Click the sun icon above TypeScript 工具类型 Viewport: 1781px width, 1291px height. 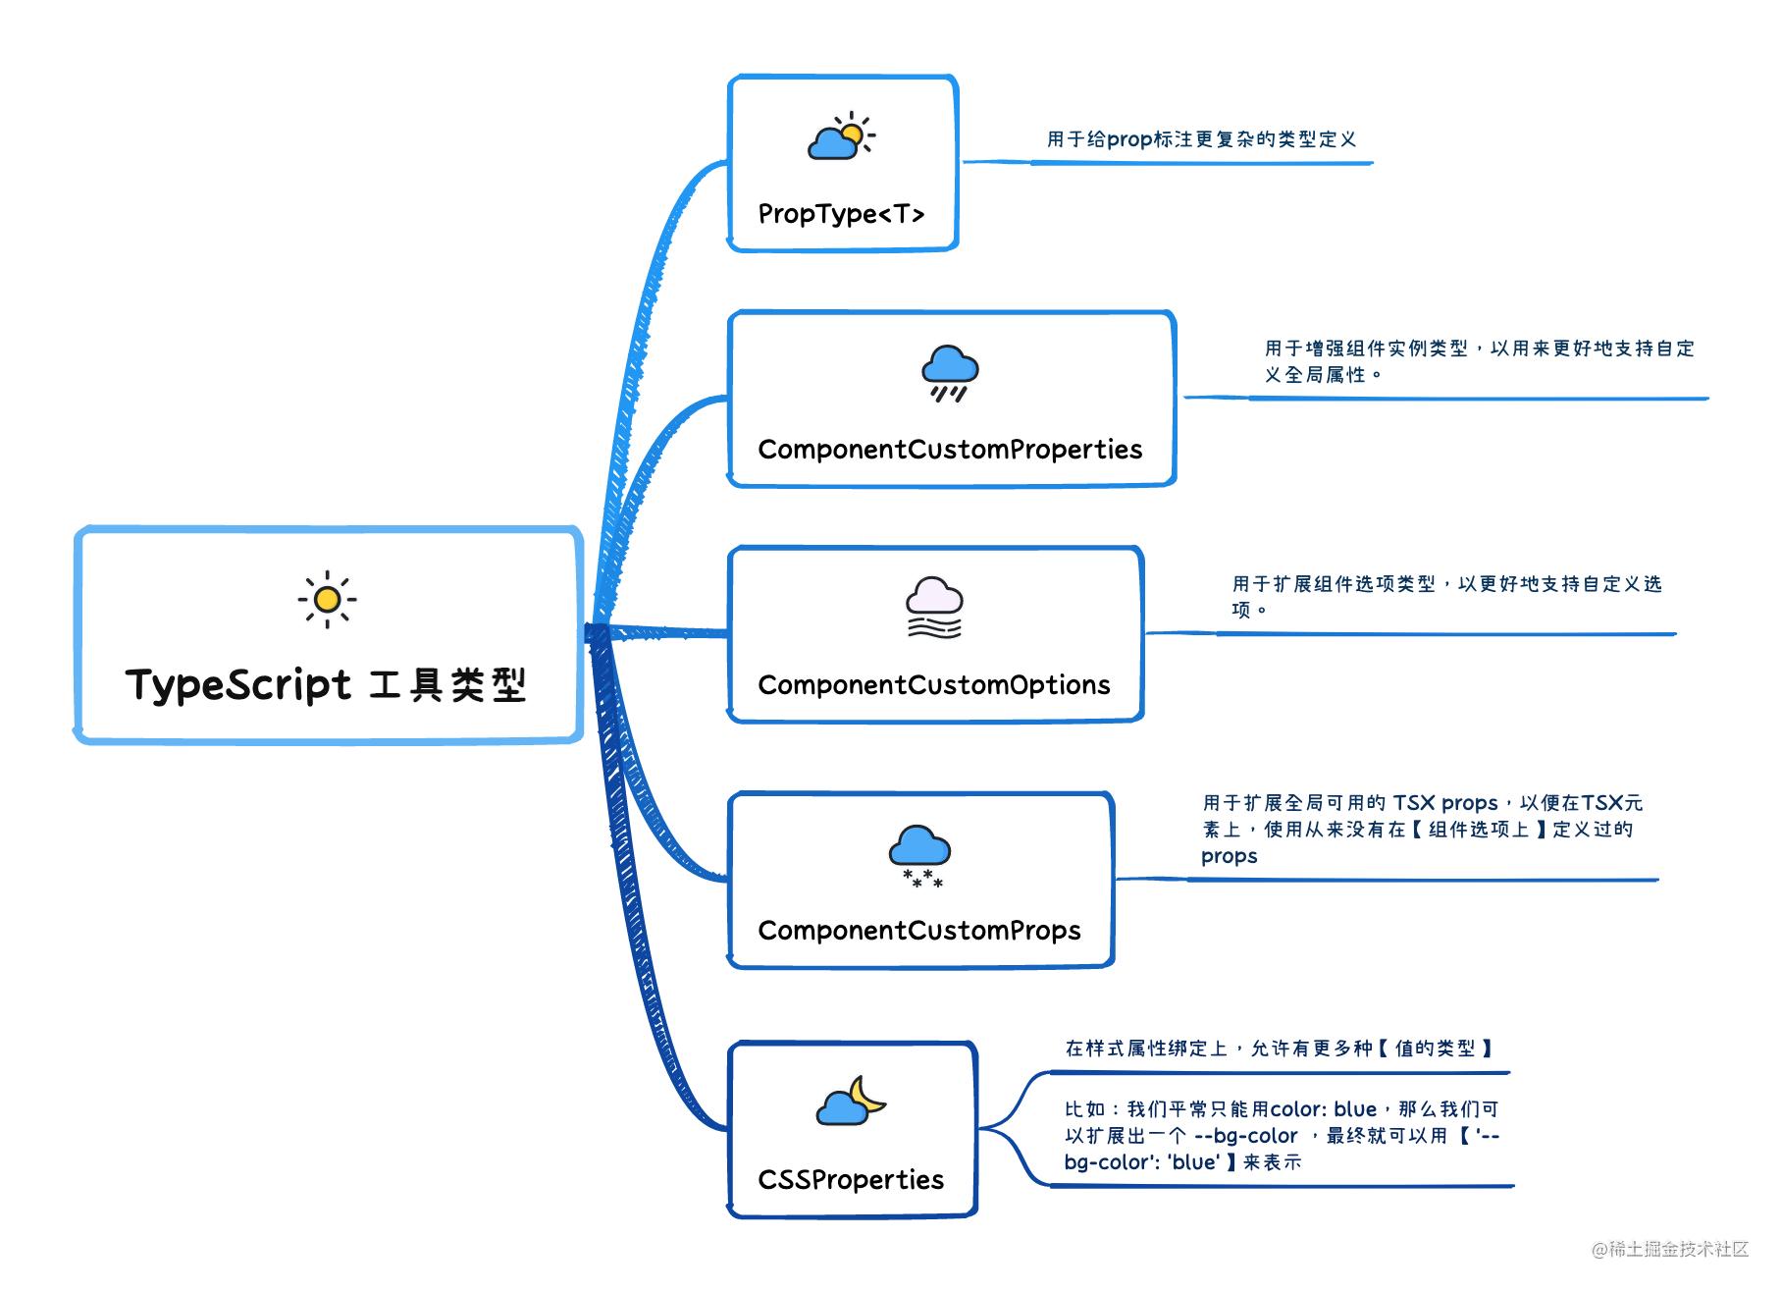328,599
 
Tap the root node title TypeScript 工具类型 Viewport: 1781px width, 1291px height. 326,684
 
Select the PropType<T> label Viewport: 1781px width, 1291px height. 841,214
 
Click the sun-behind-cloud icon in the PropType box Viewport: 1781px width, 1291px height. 841,135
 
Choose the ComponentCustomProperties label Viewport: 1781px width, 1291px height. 950,450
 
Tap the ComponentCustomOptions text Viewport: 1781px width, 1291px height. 934,684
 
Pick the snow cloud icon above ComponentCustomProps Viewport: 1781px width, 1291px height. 919,855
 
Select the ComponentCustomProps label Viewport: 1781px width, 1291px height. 919,931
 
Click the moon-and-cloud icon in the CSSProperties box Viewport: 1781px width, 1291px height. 851,1101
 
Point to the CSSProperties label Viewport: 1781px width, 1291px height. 851,1179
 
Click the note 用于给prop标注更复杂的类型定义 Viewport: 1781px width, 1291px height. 1201,139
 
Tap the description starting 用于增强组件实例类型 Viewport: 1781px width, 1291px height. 1479,361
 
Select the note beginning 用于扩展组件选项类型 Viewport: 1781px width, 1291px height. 1446,597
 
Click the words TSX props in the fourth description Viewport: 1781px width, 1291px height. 1445,803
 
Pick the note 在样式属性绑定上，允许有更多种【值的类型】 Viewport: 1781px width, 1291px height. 1280,1049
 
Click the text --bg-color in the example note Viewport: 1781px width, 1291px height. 1245,1136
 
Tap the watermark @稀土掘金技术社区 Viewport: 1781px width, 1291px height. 1670,1249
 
